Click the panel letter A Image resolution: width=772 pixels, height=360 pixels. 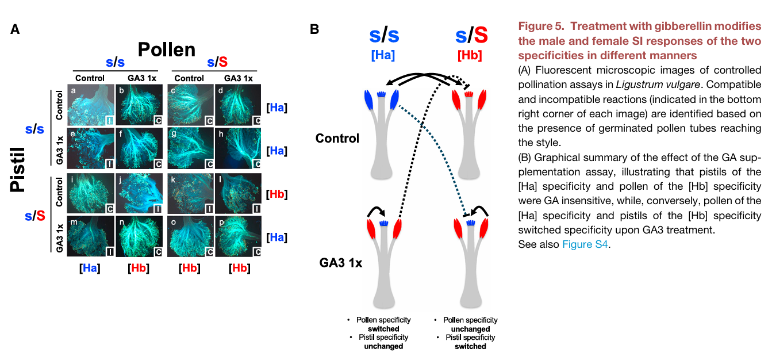tap(16, 29)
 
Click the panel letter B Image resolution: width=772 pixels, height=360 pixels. tap(314, 29)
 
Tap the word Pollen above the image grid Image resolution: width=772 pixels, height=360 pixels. tap(166, 49)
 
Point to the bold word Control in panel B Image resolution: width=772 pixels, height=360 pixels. tap(337, 138)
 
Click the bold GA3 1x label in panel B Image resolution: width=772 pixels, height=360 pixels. tap(341, 264)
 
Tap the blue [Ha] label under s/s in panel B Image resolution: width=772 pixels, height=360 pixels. tap(383, 56)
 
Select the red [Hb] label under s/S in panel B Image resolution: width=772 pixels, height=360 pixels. tap(470, 56)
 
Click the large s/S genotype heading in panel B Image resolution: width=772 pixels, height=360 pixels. tap(471, 36)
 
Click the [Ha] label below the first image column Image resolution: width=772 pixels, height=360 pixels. tap(90, 267)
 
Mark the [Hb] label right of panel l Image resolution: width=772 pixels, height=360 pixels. tap(277, 194)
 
